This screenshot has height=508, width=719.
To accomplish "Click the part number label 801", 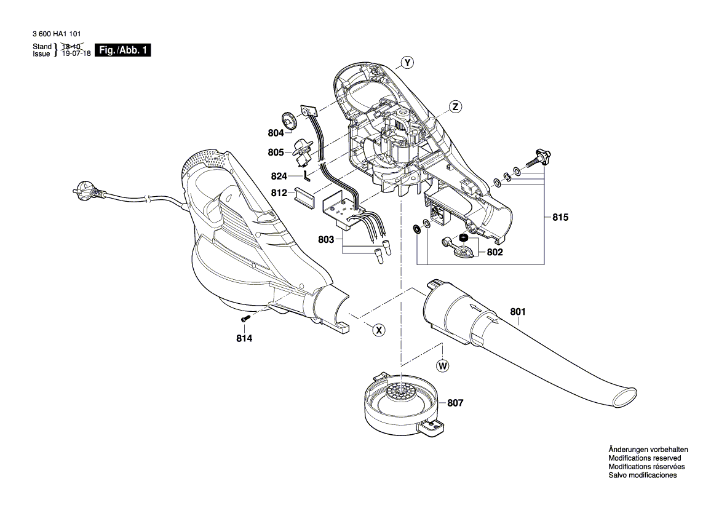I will pyautogui.click(x=518, y=312).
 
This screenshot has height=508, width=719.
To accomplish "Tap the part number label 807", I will pyautogui.click(x=455, y=403).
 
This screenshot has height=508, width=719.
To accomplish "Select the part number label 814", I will pyautogui.click(x=245, y=338).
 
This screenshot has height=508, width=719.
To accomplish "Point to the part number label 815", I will pyautogui.click(x=560, y=218).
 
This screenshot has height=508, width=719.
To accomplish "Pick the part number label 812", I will pyautogui.click(x=279, y=192).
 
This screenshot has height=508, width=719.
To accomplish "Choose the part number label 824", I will pyautogui.click(x=279, y=176).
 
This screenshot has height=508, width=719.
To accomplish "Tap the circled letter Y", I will pyautogui.click(x=407, y=62).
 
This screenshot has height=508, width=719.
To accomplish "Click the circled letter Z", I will pyautogui.click(x=455, y=106).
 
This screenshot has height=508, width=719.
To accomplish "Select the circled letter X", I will pyautogui.click(x=379, y=330).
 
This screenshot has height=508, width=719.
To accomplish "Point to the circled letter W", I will pyautogui.click(x=442, y=366).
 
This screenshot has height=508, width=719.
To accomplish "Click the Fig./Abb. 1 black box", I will pyautogui.click(x=123, y=50).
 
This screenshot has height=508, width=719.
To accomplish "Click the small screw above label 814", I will pyautogui.click(x=245, y=319).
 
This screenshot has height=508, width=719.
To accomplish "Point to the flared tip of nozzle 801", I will pyautogui.click(x=625, y=395).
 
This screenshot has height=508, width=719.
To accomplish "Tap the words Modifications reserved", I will pyautogui.click(x=645, y=458).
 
